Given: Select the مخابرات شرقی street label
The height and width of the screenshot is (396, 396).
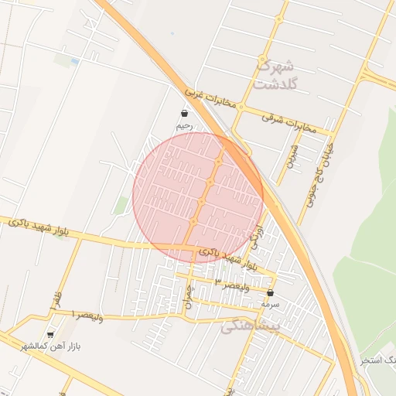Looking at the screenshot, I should pyautogui.click(x=289, y=124).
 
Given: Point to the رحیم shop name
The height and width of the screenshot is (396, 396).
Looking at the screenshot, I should pyautogui.click(x=183, y=125).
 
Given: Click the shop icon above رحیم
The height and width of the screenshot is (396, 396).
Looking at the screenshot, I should pyautogui.click(x=183, y=114).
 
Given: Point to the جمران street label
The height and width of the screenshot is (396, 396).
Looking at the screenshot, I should pyautogui.click(x=188, y=297).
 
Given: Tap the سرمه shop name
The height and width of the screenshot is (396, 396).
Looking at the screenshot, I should pyautogui.click(x=270, y=305).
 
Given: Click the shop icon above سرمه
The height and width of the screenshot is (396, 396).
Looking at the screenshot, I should pyautogui.click(x=270, y=294).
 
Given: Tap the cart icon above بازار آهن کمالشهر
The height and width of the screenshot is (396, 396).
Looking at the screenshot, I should pyautogui.click(x=51, y=335).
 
